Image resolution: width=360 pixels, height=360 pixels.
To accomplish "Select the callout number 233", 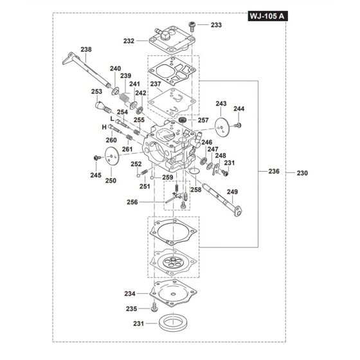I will click(215, 24).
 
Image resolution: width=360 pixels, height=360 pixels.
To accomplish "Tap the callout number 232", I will click(129, 40).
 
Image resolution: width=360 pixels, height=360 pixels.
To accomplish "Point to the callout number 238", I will click(87, 49).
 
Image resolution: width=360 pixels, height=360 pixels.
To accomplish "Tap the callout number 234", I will click(130, 293).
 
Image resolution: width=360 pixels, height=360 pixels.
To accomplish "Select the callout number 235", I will click(131, 309).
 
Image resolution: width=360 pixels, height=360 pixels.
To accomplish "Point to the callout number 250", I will click(111, 181).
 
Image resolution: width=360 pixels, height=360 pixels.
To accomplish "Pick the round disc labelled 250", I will click(113, 157).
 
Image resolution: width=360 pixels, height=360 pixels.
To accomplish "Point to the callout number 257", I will click(203, 120).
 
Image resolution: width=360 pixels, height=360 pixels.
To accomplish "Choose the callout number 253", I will click(97, 92).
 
